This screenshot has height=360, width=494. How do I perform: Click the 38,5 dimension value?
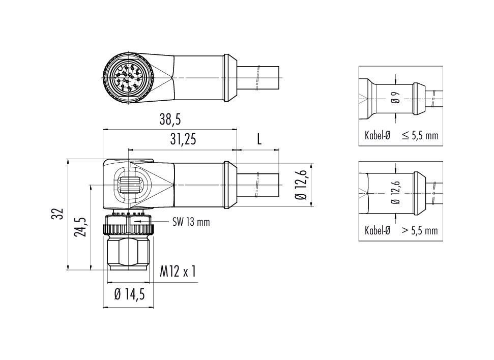[170, 119]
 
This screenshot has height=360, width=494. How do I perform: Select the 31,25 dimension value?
[183, 139]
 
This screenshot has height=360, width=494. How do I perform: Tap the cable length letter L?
[259, 139]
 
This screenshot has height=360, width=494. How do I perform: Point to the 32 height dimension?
[60, 214]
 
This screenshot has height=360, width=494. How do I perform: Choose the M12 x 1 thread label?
[178, 271]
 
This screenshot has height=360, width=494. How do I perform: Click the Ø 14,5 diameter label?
[130, 294]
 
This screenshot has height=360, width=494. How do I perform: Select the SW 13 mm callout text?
[191, 222]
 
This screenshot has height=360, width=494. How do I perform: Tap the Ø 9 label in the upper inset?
[396, 98]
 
